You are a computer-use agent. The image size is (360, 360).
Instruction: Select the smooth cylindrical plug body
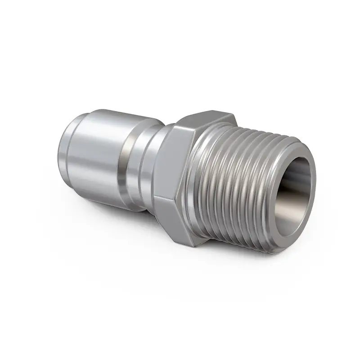[99, 153]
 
